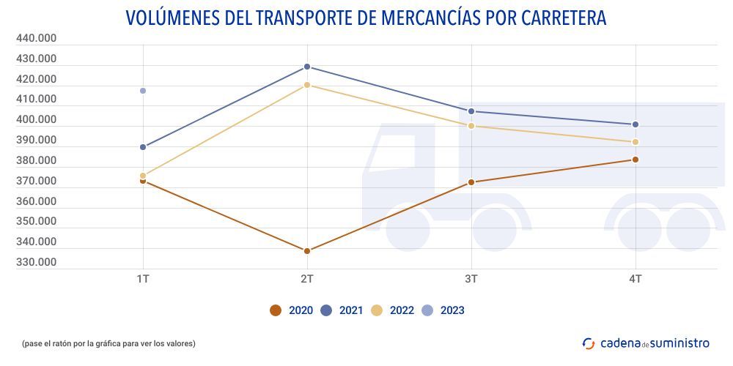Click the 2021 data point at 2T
coord(307,67)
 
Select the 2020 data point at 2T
coord(307,251)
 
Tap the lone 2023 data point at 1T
coord(143,91)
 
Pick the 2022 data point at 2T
coord(307,85)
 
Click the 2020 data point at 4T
coord(636,160)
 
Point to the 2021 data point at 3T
coord(471,111)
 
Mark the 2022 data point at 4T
coord(636,142)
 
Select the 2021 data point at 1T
coord(143,147)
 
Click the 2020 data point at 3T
coord(471,182)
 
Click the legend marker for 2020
coord(276,310)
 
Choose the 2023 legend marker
coord(428,310)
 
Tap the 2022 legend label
coord(402,310)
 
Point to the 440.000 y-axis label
coord(36,38)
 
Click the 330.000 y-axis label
coord(36,262)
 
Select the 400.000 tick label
coord(36,119)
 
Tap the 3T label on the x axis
coord(471,279)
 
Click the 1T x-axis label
coord(143,279)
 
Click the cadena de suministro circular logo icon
coord(588,343)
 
